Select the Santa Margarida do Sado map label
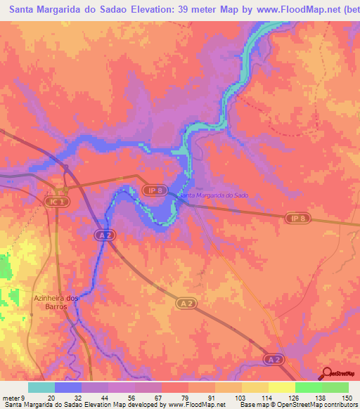click(214, 195)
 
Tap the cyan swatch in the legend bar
click(41, 387)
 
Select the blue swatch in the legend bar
click(68, 387)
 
